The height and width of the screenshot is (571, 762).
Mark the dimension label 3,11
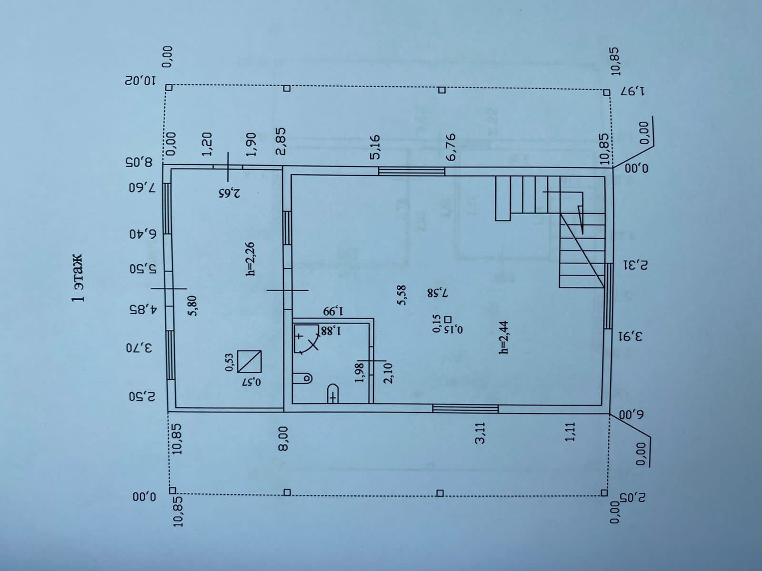pos(481,433)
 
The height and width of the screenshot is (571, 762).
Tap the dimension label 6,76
pos(451,147)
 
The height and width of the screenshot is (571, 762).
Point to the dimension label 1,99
pos(333,312)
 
